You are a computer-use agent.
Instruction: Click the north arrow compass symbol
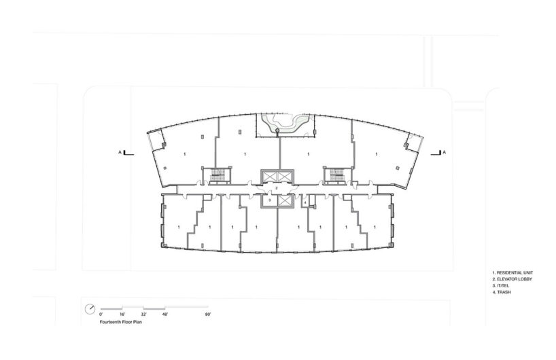90,308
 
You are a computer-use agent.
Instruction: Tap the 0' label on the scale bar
101,315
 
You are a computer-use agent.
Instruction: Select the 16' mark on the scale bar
122,315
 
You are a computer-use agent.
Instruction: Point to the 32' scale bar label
143,315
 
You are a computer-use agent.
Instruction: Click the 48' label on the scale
165,315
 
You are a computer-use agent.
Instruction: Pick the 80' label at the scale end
207,315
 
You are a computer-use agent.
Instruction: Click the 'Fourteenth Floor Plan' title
121,324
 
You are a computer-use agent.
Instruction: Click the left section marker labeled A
120,153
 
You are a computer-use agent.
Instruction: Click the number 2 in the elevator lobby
277,188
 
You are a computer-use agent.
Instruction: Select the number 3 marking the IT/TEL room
269,201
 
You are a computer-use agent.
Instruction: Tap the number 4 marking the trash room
306,202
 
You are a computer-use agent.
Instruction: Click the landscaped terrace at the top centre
283,125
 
